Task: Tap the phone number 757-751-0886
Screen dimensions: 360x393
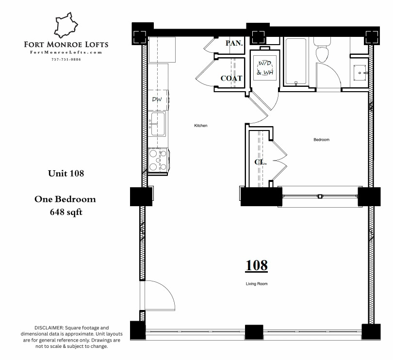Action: pos(66,59)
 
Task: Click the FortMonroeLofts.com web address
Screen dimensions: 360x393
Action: pos(66,52)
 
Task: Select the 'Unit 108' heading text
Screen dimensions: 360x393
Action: pos(66,173)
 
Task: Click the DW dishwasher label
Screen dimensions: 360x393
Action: pos(157,99)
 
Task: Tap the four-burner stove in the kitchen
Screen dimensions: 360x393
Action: pos(158,160)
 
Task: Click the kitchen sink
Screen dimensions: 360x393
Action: pos(157,124)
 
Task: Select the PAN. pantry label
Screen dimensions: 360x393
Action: pos(234,43)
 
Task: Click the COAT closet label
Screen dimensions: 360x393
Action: pos(231,78)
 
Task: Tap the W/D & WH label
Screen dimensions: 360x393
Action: pos(265,68)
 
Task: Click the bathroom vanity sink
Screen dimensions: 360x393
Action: pos(360,72)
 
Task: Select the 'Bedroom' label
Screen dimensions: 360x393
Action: pos(321,140)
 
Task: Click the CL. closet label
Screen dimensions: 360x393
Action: pos(261,162)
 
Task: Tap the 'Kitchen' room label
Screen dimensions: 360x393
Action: pos(201,126)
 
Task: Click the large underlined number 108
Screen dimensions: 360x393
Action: pos(256,265)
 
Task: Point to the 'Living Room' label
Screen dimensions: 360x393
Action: pos(256,283)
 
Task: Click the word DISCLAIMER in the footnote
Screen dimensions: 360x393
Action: pos(49,328)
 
